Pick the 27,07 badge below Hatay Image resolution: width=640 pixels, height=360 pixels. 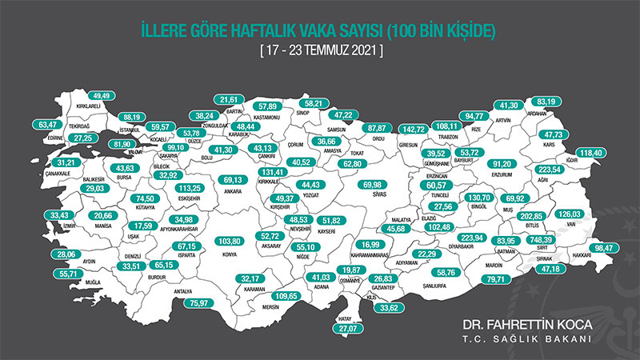tap(346, 328)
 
